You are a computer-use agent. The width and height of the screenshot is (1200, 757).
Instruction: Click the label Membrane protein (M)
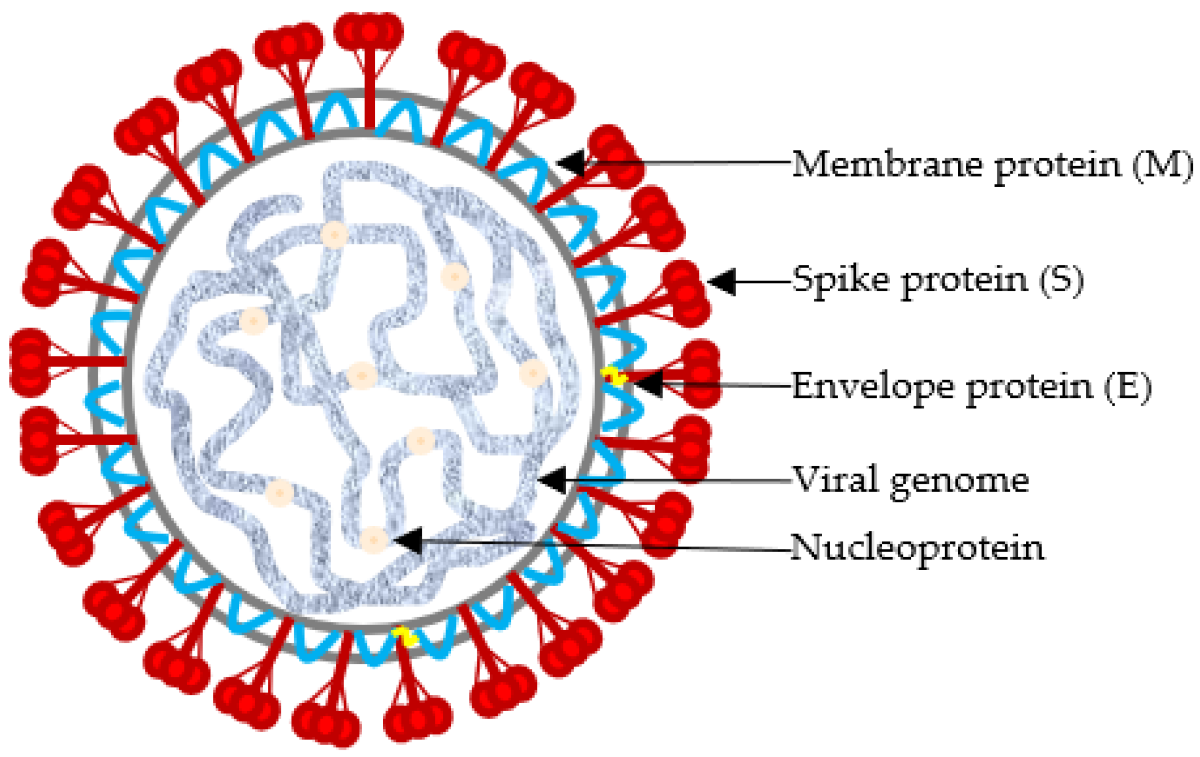(x=991, y=165)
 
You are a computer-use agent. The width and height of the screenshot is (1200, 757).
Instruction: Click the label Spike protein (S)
(x=937, y=279)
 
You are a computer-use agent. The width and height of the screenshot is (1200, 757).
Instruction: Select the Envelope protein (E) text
(x=970, y=386)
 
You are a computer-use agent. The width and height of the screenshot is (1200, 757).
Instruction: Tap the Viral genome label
(x=910, y=480)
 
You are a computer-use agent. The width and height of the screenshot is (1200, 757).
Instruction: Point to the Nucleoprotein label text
(x=916, y=547)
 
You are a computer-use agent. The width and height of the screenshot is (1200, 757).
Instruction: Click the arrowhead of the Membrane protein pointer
(x=572, y=163)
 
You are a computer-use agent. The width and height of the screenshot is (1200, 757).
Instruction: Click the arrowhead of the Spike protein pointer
(x=722, y=282)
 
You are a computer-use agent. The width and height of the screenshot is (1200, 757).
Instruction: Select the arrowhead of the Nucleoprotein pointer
(x=408, y=540)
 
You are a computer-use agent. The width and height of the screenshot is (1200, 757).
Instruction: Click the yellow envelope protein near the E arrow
(x=613, y=375)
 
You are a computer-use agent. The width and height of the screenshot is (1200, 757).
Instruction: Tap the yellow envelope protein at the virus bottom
(x=404, y=636)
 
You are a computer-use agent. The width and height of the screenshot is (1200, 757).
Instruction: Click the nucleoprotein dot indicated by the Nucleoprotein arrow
(x=373, y=540)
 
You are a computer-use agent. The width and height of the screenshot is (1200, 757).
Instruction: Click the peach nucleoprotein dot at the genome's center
(x=361, y=375)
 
